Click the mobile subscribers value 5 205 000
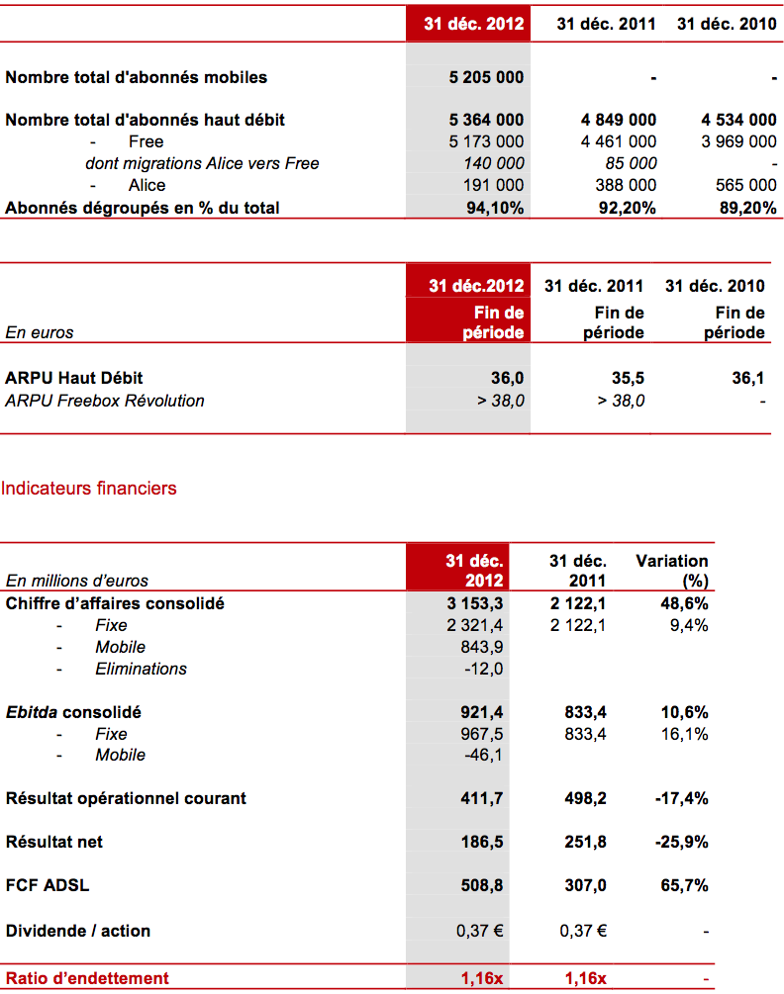pyautogui.click(x=486, y=77)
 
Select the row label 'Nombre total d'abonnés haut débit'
pyautogui.click(x=146, y=120)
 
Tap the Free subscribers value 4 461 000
pyautogui.click(x=619, y=141)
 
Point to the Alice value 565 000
pyautogui.click(x=746, y=185)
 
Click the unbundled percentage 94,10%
pyautogui.click(x=495, y=208)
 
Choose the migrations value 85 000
pyautogui.click(x=632, y=163)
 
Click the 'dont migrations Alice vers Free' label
pyautogui.click(x=202, y=163)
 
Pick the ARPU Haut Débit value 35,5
pyautogui.click(x=628, y=379)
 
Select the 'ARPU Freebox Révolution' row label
pyautogui.click(x=105, y=401)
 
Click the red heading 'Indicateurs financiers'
pyautogui.click(x=89, y=489)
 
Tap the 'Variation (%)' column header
pyautogui.click(x=672, y=571)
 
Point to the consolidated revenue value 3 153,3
pyautogui.click(x=475, y=603)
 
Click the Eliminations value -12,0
pyautogui.click(x=484, y=669)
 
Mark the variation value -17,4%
pyautogui.click(x=682, y=799)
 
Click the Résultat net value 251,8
pyautogui.click(x=585, y=843)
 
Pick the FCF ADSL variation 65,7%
pyautogui.click(x=684, y=885)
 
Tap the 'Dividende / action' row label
pyautogui.click(x=78, y=932)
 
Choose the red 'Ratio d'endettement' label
pyautogui.click(x=87, y=978)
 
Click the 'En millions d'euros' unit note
pyautogui.click(x=77, y=581)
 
